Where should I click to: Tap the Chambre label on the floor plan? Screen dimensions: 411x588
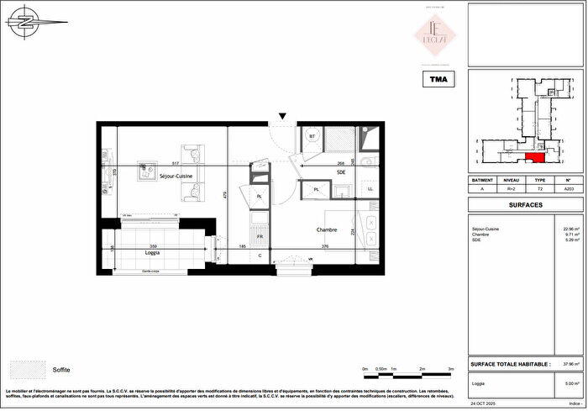(x=327, y=229)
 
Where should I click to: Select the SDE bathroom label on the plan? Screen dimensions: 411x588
(x=341, y=171)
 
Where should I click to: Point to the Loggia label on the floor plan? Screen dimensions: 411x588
(x=152, y=252)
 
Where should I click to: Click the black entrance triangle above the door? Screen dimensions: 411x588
(x=283, y=116)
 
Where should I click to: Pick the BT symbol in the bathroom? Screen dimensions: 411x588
(x=312, y=135)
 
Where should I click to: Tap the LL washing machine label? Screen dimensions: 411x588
(x=370, y=189)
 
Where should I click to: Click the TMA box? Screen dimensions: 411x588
(x=437, y=80)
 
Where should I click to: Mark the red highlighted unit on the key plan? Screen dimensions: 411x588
(x=534, y=156)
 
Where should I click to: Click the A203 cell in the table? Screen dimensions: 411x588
(x=569, y=190)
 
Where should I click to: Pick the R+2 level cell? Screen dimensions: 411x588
(x=511, y=190)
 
